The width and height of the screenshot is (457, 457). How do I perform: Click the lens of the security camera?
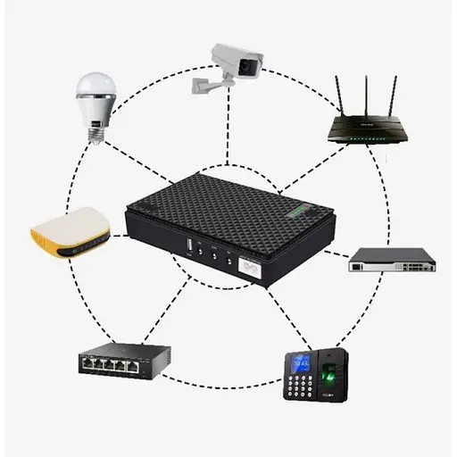(x=253, y=64)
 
